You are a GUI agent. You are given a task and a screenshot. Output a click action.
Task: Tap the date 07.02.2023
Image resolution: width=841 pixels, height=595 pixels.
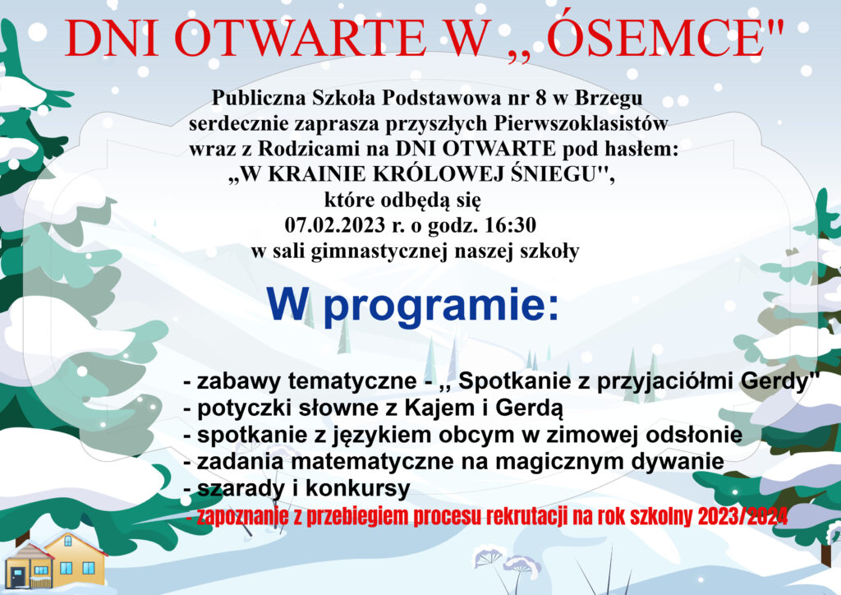pos(335,225)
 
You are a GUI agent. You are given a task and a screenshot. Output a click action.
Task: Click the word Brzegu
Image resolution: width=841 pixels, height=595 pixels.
pos(609,99)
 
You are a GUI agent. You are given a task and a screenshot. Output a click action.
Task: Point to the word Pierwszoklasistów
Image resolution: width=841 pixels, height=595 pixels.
pos(581,124)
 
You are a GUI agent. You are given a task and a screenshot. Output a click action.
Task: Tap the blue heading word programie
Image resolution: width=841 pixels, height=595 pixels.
pos(440,306)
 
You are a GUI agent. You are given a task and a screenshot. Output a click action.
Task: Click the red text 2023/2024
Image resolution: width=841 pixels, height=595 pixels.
pos(742,516)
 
